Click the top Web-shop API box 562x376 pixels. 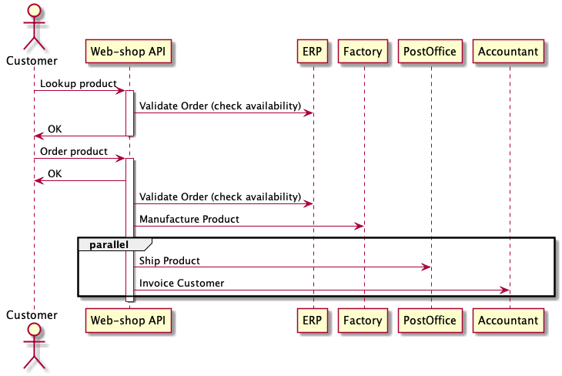point(129,52)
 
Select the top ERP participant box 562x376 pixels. point(313,52)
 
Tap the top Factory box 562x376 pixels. point(363,52)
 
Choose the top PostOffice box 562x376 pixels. point(430,52)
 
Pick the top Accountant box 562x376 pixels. point(509,52)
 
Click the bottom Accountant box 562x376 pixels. point(509,320)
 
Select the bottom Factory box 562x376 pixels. point(363,320)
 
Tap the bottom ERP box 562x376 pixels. point(313,320)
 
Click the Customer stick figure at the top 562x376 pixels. point(33,28)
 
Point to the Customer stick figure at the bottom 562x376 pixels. point(33,346)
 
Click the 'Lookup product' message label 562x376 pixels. point(78,83)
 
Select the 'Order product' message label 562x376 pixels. point(74,151)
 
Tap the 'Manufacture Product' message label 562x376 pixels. point(189,219)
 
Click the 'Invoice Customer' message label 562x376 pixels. point(182,283)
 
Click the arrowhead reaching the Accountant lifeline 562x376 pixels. point(505,290)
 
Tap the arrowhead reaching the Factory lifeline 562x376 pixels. point(359,226)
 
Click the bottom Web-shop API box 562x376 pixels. point(129,320)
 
